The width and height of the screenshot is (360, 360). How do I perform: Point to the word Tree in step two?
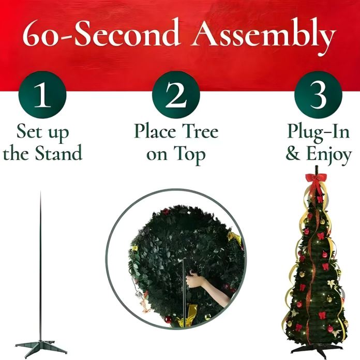click(197, 131)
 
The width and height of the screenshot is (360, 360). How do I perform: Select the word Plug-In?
click(319, 131)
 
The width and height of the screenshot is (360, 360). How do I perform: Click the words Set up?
click(42, 131)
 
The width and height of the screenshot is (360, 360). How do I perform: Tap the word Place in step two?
click(152, 131)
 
